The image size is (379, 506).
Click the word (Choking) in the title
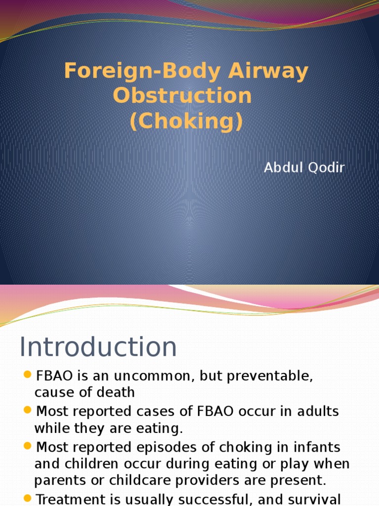click(x=186, y=121)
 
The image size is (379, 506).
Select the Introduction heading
click(x=98, y=347)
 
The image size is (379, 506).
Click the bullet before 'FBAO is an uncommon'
click(x=27, y=375)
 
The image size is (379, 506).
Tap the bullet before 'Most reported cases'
click(x=27, y=410)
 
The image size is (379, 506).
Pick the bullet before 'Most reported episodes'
click(x=27, y=446)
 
